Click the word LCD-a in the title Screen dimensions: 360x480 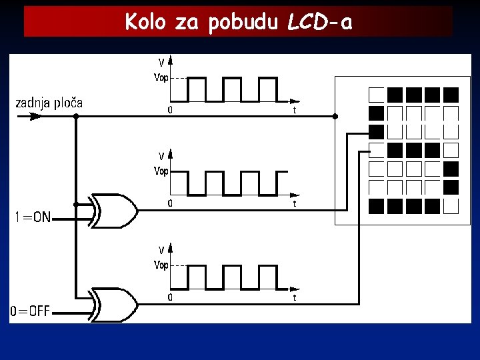319,23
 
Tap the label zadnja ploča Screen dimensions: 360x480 49,103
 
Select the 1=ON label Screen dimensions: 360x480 33,217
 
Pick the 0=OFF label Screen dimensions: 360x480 30,311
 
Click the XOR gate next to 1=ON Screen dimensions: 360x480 115,211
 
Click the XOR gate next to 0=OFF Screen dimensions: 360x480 115,305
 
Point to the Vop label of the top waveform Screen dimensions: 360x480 161,77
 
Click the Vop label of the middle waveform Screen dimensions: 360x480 161,171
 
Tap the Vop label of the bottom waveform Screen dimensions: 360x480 161,265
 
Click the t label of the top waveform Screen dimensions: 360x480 295,111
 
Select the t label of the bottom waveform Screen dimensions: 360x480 295,298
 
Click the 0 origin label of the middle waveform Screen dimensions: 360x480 170,203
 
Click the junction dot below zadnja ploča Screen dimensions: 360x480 76,116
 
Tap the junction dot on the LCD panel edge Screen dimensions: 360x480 335,116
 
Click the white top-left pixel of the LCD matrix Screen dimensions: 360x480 377,94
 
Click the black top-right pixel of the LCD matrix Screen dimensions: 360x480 451,94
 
